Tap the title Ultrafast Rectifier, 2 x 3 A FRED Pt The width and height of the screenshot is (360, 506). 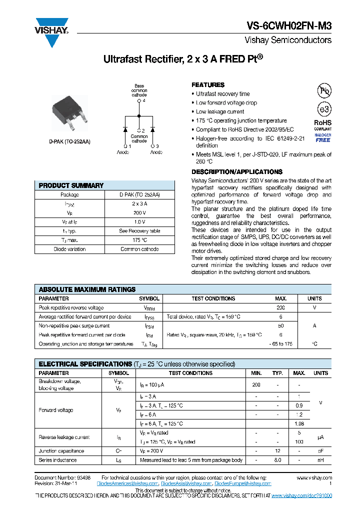click(x=182, y=59)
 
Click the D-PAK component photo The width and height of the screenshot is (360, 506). click(x=70, y=112)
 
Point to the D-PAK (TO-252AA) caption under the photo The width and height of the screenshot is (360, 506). click(x=70, y=141)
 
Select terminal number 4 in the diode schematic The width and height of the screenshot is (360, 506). click(x=143, y=100)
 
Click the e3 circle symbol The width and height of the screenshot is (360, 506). click(x=324, y=109)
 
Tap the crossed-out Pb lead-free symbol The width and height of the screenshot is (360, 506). click(x=324, y=90)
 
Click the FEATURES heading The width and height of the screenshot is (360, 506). click(x=208, y=85)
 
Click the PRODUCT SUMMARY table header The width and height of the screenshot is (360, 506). click(x=71, y=185)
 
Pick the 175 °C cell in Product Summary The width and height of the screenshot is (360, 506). click(x=139, y=240)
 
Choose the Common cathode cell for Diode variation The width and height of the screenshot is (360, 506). click(x=139, y=249)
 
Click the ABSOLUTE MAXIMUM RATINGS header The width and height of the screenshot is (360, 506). click(x=87, y=289)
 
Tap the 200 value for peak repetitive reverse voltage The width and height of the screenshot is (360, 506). click(x=280, y=308)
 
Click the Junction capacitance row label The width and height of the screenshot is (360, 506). click(x=61, y=451)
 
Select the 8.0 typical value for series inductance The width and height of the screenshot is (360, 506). click(x=277, y=460)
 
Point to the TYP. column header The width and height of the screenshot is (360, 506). click(x=277, y=373)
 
